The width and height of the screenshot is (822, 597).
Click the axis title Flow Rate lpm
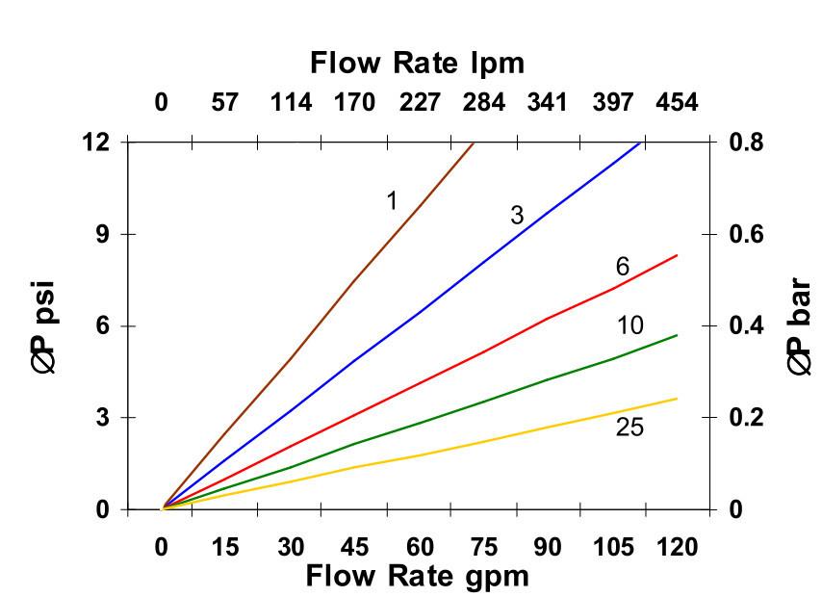417,64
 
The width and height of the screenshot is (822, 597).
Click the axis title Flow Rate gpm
417,576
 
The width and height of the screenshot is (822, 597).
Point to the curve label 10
629,325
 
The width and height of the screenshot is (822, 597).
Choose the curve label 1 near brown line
392,200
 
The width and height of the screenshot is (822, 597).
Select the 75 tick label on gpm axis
483,546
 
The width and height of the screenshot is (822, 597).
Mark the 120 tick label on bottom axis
676,546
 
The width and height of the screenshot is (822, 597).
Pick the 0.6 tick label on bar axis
747,234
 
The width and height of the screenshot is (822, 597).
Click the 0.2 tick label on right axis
747,418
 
